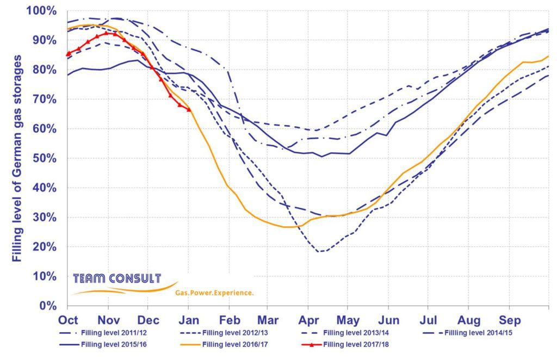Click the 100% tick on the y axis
pyautogui.click(x=41, y=11)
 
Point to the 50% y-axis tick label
pyautogui.click(x=44, y=158)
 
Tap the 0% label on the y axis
pyautogui.click(x=48, y=306)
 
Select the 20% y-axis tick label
pyautogui.click(x=44, y=247)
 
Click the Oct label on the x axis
pyautogui.click(x=67, y=319)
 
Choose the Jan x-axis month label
pyautogui.click(x=188, y=319)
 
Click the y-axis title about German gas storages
pyautogui.click(x=17, y=158)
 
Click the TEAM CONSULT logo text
pyautogui.click(x=117, y=279)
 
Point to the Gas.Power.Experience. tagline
pyautogui.click(x=214, y=293)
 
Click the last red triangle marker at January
pyautogui.click(x=189, y=110)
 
